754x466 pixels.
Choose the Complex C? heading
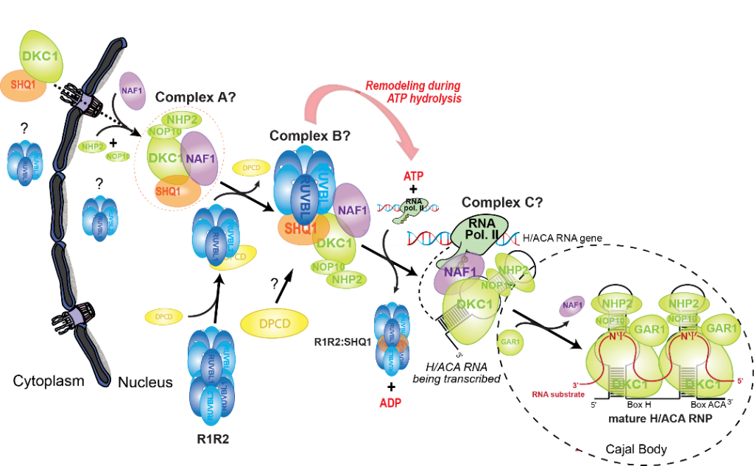pyautogui.click(x=497, y=202)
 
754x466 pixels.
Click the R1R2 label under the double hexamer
pyautogui.click(x=212, y=441)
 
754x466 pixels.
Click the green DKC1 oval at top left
pyautogui.click(x=41, y=57)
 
